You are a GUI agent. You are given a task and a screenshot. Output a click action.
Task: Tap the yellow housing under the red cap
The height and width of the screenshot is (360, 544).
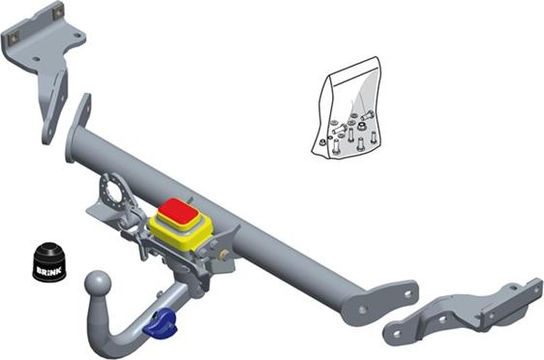pyautogui.click(x=181, y=232)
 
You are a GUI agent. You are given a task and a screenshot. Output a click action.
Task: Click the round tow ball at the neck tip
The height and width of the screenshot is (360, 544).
pyautogui.click(x=98, y=285)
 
